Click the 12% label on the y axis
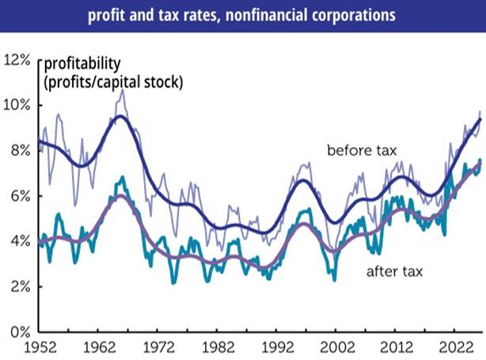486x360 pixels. point(17,60)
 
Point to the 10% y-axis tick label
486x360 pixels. point(17,105)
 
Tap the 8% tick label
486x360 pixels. point(21,151)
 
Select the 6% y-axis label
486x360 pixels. point(21,196)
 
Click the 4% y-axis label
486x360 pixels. point(21,241)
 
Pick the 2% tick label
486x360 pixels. point(21,287)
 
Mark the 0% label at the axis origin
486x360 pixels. point(21,332)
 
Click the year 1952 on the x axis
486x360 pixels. point(40,347)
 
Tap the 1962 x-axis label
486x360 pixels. point(100,347)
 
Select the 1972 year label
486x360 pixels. point(159,347)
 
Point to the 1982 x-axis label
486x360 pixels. point(218,347)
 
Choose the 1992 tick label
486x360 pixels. point(278,347)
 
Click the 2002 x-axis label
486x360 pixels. point(337,347)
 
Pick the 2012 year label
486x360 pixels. point(397,347)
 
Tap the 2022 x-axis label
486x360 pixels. point(457,347)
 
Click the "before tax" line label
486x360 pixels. point(362,150)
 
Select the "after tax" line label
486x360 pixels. point(394,271)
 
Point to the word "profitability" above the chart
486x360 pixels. point(82,64)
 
